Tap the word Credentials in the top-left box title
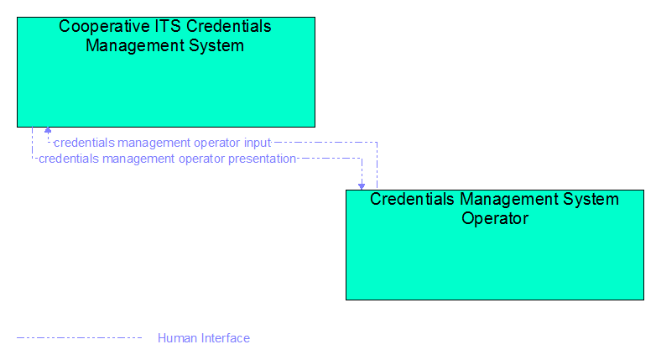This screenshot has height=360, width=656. point(228,26)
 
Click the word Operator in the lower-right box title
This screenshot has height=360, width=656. point(495,218)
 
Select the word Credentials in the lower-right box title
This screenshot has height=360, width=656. point(412,199)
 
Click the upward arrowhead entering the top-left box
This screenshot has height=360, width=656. point(48,130)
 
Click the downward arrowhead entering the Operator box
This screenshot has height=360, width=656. point(362,186)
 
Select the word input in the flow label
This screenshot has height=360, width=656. point(258,143)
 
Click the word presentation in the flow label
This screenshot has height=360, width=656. point(262,159)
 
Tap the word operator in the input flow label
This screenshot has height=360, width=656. point(216,143)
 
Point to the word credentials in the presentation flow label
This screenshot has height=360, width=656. point(69,159)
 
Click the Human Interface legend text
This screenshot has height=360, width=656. point(204,338)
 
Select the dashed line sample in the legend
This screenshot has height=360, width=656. point(79,338)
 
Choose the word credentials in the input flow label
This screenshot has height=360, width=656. point(84,143)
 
